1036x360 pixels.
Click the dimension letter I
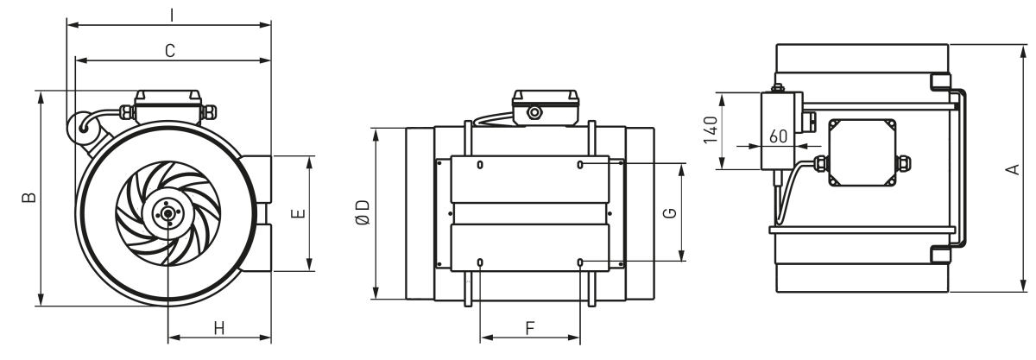[172, 16]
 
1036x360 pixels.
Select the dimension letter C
[170, 50]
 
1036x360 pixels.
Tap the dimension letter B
[29, 197]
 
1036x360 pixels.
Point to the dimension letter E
[299, 213]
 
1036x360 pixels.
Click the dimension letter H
[219, 329]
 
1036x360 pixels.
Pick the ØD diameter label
[363, 212]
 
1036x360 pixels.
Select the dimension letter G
[670, 213]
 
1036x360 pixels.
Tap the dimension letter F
[530, 329]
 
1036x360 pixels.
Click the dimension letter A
[1013, 169]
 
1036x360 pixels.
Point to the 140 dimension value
[711, 130]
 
